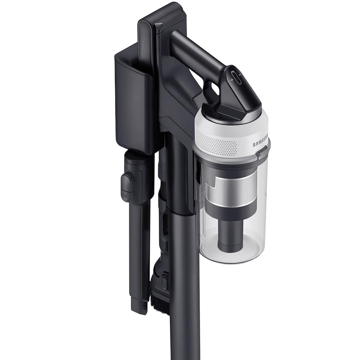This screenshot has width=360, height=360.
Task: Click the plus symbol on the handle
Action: (x=232, y=80)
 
